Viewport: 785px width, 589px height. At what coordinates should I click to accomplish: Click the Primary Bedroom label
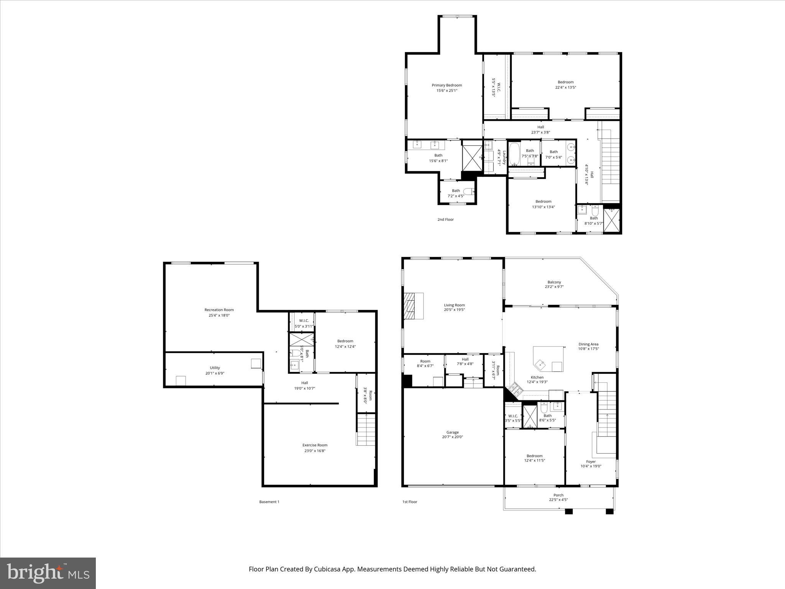click(x=447, y=85)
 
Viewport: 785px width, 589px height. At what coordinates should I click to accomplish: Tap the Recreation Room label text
click(x=219, y=310)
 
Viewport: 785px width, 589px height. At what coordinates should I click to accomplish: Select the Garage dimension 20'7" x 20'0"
click(x=452, y=437)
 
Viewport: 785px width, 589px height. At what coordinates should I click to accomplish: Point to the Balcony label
click(x=554, y=282)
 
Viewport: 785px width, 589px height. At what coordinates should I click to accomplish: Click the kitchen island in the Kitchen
click(x=548, y=359)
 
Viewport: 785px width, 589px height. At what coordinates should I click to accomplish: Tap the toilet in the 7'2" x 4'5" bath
click(x=469, y=191)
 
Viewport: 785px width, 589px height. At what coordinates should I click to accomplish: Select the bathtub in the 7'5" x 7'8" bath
click(x=514, y=153)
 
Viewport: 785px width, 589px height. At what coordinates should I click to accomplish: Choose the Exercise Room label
click(x=315, y=445)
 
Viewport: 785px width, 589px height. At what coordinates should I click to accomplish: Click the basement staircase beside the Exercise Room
click(x=366, y=429)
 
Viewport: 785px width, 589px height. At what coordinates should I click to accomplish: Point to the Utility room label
click(x=215, y=368)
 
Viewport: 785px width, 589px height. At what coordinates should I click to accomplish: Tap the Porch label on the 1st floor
click(x=558, y=495)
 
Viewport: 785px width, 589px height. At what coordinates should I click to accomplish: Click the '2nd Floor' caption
click(x=445, y=219)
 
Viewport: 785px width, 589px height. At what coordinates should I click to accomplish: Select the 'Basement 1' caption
click(x=269, y=502)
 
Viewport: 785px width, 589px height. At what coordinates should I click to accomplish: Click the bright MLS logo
click(x=48, y=573)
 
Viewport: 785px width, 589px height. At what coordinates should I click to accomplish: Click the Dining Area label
click(x=588, y=344)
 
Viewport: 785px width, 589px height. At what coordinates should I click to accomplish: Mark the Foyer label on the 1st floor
click(x=591, y=462)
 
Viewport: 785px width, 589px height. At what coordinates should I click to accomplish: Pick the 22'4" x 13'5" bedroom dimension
click(x=565, y=87)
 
